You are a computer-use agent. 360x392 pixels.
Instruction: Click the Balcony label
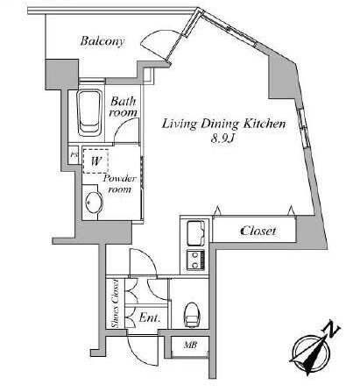point(102,41)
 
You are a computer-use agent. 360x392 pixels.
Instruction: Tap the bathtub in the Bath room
point(89,113)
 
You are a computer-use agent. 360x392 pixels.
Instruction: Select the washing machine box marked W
point(95,161)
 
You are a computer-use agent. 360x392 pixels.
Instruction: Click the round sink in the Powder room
point(94,202)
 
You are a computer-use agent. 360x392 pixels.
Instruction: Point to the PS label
point(74,154)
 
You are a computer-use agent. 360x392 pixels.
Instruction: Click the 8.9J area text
point(223,139)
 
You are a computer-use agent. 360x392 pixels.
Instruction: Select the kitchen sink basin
point(195,233)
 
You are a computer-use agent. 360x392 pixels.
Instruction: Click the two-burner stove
point(195,260)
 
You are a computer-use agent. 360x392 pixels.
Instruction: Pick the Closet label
point(258,231)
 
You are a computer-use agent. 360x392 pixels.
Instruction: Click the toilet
point(192,314)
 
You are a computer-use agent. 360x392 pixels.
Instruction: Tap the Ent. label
point(150,317)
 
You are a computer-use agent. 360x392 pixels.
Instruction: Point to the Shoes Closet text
point(116,303)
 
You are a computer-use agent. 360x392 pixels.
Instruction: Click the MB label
point(190,345)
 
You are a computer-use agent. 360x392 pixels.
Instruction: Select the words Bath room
point(123,107)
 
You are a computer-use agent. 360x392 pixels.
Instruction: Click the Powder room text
point(120,184)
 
